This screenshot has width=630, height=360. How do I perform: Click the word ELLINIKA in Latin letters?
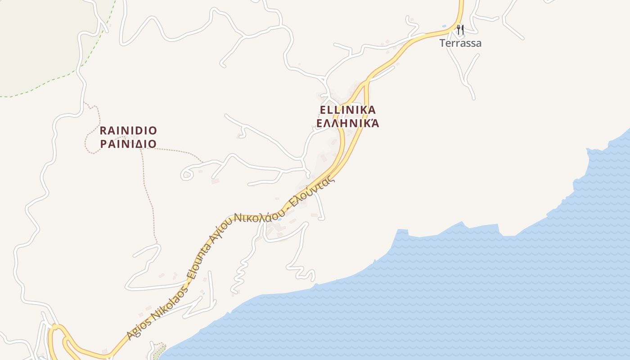click(x=347, y=110)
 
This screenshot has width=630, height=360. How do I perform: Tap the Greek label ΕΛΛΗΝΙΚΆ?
click(x=347, y=123)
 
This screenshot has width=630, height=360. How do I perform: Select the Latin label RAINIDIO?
click(x=128, y=131)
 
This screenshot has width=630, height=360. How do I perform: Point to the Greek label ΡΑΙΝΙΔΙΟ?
click(x=128, y=144)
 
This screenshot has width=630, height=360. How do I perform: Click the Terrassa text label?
click(x=460, y=43)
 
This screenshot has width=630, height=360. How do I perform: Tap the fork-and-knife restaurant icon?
click(x=460, y=30)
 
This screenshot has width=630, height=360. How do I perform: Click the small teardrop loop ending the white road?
click(x=186, y=174)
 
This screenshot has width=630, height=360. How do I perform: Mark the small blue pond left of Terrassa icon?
click(x=444, y=27)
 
